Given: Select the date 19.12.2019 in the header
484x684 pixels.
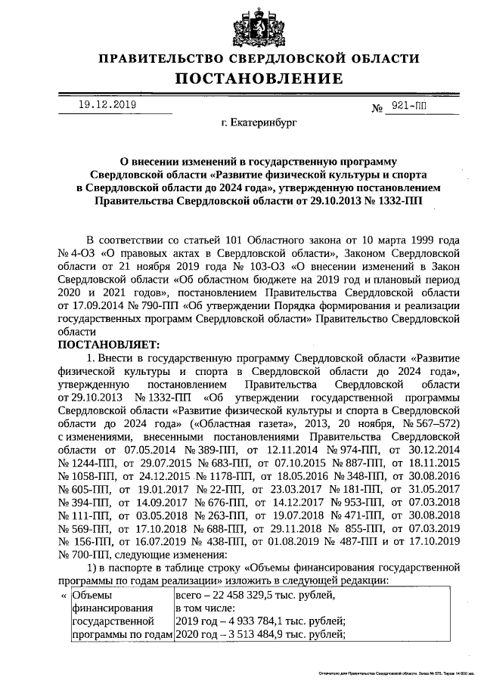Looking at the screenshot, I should click(107, 105).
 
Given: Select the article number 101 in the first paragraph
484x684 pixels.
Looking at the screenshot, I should click(233, 238).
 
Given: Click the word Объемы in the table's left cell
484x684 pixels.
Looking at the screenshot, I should click(91, 596).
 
